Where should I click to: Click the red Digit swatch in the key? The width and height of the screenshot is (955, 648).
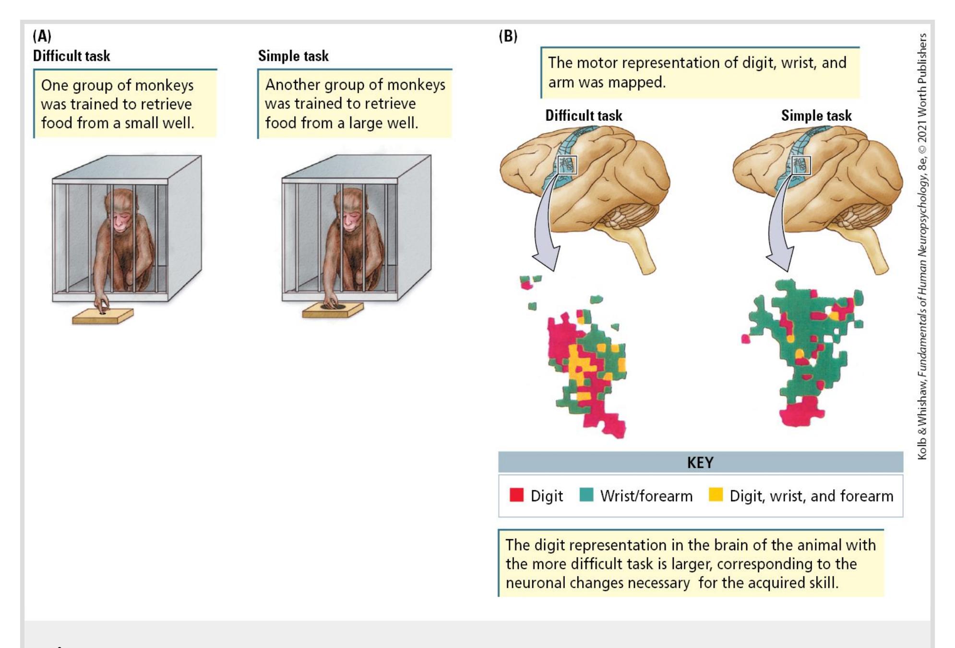pyautogui.click(x=516, y=495)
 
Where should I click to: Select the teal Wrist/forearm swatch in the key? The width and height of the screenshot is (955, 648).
pyautogui.click(x=586, y=495)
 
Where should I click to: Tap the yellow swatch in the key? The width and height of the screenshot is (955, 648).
pyautogui.click(x=715, y=495)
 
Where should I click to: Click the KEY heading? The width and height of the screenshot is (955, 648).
pyautogui.click(x=700, y=462)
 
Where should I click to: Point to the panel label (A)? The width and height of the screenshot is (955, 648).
pyautogui.click(x=42, y=36)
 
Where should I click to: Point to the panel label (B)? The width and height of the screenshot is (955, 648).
pyautogui.click(x=508, y=36)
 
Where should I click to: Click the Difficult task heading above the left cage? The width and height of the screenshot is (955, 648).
pyautogui.click(x=72, y=56)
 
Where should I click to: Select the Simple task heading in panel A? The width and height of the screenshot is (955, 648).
pyautogui.click(x=293, y=56)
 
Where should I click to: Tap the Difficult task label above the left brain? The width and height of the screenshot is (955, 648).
pyautogui.click(x=584, y=116)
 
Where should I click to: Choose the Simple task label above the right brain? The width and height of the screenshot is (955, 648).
pyautogui.click(x=816, y=116)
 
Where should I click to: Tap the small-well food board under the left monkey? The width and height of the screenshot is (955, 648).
pyautogui.click(x=103, y=316)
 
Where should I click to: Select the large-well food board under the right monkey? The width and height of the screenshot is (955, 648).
pyautogui.click(x=332, y=309)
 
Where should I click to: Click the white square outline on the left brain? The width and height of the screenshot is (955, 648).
pyautogui.click(x=567, y=165)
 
